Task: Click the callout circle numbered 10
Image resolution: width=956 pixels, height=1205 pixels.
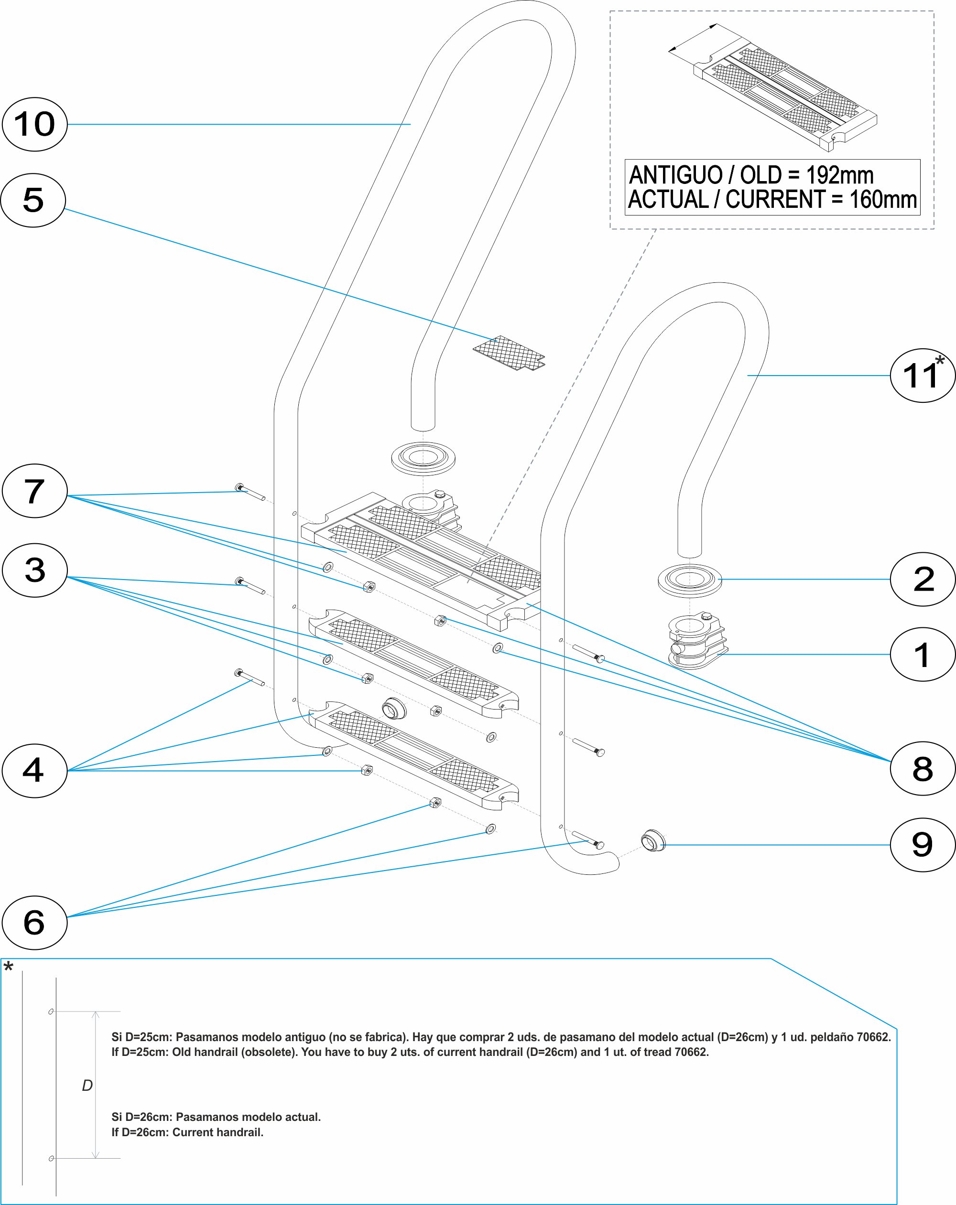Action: (x=35, y=124)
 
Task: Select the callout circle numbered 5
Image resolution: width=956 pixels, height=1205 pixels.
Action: (x=33, y=200)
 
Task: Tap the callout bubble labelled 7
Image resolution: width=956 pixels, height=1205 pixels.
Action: (x=35, y=491)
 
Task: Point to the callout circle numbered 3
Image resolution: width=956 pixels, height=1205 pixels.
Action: (x=35, y=570)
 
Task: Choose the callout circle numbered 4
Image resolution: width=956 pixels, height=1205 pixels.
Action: (x=35, y=770)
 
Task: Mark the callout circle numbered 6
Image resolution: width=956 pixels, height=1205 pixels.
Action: (x=35, y=923)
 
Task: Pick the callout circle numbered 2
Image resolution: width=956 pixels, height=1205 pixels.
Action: (x=923, y=579)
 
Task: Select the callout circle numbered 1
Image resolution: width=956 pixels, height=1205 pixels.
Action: (x=923, y=655)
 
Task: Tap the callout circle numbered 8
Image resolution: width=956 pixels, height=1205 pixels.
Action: (x=923, y=768)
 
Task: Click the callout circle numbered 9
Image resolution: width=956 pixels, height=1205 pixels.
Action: (x=923, y=845)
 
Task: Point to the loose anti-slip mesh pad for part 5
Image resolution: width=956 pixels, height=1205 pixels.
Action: (x=509, y=353)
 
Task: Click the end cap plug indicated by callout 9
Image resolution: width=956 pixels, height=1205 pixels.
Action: (x=652, y=840)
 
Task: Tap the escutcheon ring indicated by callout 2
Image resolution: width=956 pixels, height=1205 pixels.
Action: (x=689, y=581)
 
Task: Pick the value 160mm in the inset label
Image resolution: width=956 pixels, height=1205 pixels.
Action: (x=883, y=200)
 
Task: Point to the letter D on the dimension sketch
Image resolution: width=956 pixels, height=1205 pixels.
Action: (x=87, y=1086)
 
